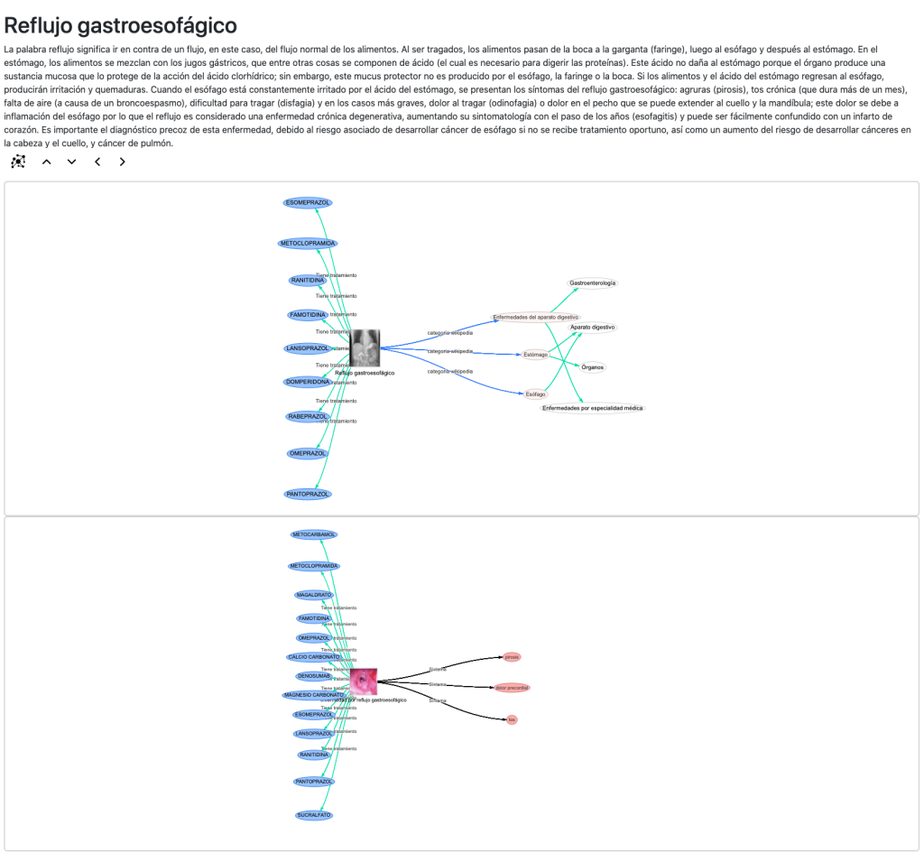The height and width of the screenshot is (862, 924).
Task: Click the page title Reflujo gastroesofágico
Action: tap(121, 25)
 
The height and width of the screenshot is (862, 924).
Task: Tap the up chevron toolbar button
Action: tap(47, 162)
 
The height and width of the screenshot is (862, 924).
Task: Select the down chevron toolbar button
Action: tap(72, 162)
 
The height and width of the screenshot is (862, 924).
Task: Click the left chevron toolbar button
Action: tap(97, 162)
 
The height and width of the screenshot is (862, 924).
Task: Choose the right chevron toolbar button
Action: tap(123, 162)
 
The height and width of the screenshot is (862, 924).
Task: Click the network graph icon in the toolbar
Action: tap(18, 162)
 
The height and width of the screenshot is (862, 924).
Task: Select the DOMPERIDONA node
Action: tap(308, 382)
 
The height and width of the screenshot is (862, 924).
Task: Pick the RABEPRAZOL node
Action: tap(308, 416)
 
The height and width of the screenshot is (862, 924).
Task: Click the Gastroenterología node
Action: tap(593, 283)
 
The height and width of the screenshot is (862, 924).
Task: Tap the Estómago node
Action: tap(535, 355)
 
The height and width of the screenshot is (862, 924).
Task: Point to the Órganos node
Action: tap(593, 367)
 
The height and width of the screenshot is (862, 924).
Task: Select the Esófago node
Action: tap(535, 394)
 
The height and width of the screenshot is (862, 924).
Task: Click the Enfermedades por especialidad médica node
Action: tap(593, 408)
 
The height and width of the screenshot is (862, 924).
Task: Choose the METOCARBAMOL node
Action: tap(314, 534)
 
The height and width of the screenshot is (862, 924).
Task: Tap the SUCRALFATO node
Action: tap(314, 815)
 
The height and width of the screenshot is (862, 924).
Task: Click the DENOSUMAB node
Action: tap(314, 676)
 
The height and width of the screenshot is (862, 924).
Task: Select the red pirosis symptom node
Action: tap(512, 657)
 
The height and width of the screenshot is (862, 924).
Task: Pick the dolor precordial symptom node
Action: tap(512, 688)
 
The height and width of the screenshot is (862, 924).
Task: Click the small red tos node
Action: tap(512, 719)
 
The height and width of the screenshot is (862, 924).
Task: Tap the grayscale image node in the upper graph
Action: tap(365, 348)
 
